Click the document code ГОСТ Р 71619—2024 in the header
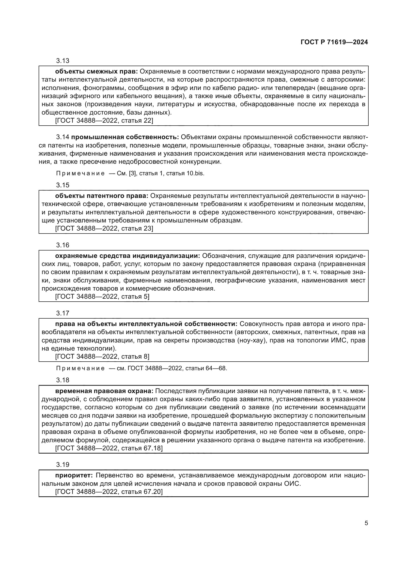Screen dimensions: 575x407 tap(334, 42)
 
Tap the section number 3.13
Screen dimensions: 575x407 tap(63, 61)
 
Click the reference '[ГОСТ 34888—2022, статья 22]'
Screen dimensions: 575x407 tap(104, 120)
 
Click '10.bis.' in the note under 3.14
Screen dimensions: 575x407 tap(195, 173)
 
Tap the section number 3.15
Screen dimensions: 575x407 tap(63, 185)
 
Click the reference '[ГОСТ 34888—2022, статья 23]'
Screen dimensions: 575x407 tap(104, 228)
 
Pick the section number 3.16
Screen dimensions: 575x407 tap(63, 245)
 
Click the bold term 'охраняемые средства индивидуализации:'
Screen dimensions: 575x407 tap(127, 256)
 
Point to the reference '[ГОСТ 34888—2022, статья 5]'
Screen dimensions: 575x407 tap(102, 296)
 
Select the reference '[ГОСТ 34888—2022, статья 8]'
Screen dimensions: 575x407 tap(102, 356)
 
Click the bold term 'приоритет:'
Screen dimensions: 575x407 tap(74, 475)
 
